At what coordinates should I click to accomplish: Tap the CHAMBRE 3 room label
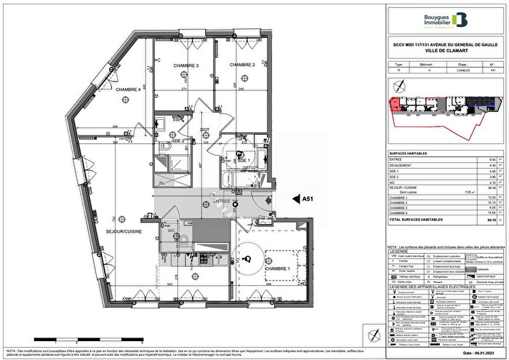point(185,65)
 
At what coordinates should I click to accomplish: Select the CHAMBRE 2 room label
point(241,65)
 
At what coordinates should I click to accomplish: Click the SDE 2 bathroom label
point(179,141)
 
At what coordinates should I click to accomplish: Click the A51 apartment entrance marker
point(308,198)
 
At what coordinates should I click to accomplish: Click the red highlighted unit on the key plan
point(396,105)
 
